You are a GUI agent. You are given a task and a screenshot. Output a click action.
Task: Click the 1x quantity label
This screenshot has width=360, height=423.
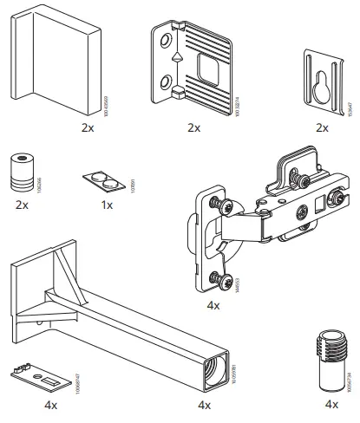click(x=107, y=205)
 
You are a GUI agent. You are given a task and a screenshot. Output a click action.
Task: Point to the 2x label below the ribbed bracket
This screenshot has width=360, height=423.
click(x=193, y=127)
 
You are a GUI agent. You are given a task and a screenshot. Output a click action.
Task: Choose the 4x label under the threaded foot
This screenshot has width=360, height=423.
click(x=331, y=404)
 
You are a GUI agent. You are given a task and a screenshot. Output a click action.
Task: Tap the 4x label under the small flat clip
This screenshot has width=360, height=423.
click(x=50, y=404)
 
